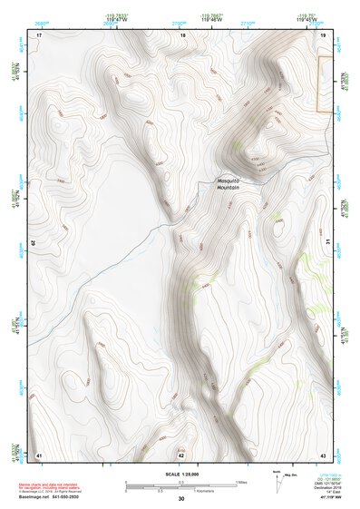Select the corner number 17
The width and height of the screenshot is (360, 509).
pos(39,34)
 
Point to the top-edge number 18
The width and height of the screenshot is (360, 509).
pos(182,34)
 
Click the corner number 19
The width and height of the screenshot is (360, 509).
pos(324,34)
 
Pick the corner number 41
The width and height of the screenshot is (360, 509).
pos(38,454)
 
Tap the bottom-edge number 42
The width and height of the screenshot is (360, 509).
pos(180,454)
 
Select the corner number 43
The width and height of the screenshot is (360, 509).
pos(324,454)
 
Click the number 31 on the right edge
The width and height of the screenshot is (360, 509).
pos(326,243)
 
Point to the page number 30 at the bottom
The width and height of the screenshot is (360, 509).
pos(181,500)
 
